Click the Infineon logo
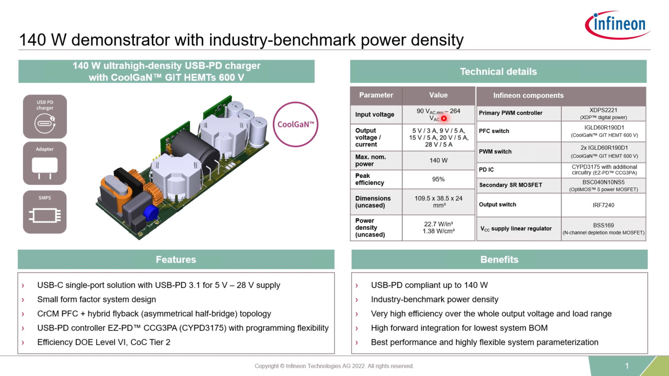point(617,25)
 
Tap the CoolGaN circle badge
point(296,124)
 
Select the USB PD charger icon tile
point(45,116)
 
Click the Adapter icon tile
point(45,163)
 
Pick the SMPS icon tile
point(45,211)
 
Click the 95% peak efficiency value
point(438,179)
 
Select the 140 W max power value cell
point(438,160)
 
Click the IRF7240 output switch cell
point(603,205)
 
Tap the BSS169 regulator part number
point(603,226)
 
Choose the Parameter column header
point(376,95)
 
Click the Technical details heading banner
point(498,72)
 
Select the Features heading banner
point(176,260)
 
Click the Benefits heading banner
point(499,260)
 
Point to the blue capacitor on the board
point(151,212)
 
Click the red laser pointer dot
point(444,119)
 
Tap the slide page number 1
point(627,366)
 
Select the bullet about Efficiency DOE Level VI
point(103,343)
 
